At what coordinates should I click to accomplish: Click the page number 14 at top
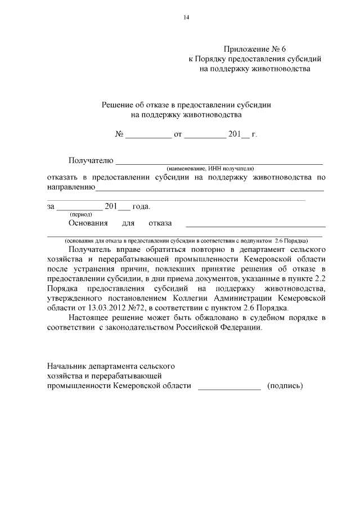click(x=186, y=17)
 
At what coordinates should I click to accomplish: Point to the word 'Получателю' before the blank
click(x=91, y=160)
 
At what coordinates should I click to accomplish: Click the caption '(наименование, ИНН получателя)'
click(x=210, y=168)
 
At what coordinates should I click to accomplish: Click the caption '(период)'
click(x=81, y=214)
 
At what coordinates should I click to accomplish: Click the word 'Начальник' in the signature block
click(x=69, y=366)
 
